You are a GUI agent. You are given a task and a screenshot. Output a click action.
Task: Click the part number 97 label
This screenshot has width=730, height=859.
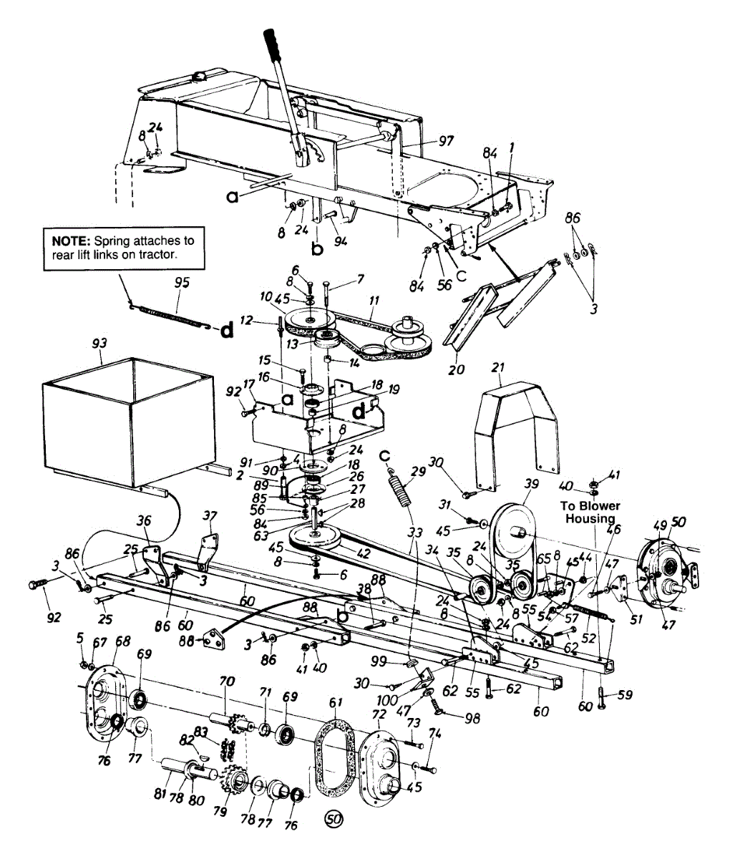tap(447, 142)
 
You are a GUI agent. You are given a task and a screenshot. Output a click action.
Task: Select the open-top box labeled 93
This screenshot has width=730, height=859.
tap(129, 422)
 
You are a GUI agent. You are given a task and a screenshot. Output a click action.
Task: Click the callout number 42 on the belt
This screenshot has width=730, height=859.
tap(364, 553)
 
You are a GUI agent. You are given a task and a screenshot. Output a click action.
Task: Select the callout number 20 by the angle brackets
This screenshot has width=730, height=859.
tap(456, 369)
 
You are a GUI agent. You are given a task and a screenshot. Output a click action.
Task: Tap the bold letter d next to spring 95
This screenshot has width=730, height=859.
tap(226, 330)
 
